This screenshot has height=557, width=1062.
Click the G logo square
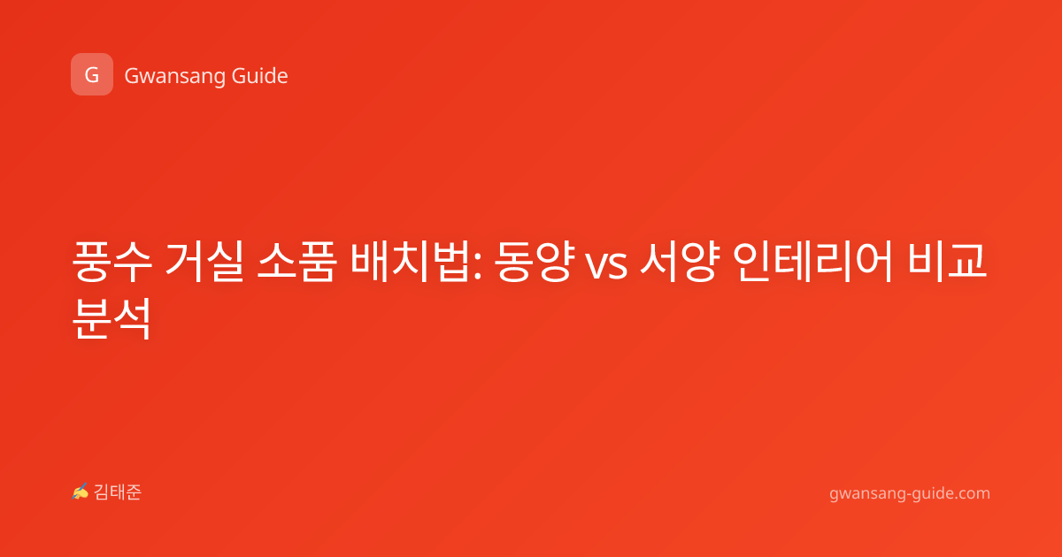click(92, 74)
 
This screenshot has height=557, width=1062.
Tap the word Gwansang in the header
click(174, 76)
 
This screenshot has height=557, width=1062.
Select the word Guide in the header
click(260, 75)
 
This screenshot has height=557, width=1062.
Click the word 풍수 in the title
click(112, 262)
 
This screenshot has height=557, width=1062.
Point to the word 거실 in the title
click(204, 262)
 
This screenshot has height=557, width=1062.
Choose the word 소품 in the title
click(296, 262)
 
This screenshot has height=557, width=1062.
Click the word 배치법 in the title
click(411, 262)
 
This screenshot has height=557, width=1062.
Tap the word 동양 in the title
click(534, 262)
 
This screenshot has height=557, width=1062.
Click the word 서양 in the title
click(680, 262)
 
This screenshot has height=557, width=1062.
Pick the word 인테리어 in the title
click(812, 262)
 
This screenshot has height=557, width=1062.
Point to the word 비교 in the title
click(946, 262)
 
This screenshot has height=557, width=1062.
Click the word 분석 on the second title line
click(112, 318)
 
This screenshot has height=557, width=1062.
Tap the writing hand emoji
click(81, 492)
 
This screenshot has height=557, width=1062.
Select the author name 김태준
click(118, 492)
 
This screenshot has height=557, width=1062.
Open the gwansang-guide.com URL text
click(910, 493)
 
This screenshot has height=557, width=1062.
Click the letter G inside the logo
click(91, 75)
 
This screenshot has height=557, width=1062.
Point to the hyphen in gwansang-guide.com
click(907, 494)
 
